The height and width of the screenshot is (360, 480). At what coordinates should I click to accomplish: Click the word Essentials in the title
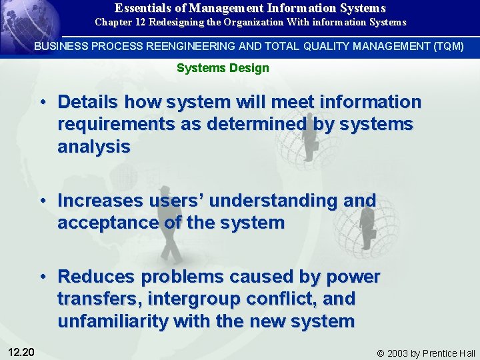(x=141, y=8)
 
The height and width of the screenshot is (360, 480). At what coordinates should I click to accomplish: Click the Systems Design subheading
(x=223, y=68)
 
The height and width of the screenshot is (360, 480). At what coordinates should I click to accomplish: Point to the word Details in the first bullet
(x=87, y=102)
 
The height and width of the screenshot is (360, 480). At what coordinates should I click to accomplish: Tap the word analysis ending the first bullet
(x=94, y=147)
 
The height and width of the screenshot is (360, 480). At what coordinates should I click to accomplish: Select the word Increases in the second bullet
(x=100, y=200)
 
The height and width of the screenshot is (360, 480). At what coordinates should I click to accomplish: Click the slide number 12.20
(x=23, y=351)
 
